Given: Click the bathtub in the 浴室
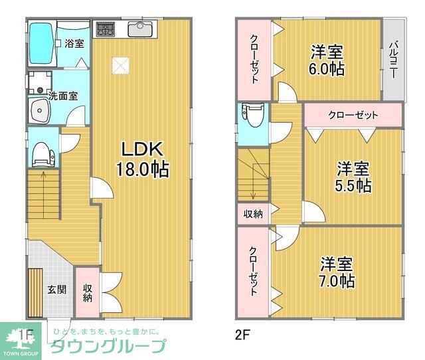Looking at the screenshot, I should coord(41,43).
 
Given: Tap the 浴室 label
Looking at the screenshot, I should coord(74,44).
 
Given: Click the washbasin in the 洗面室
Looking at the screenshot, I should coord(39,111).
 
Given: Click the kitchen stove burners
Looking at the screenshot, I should coord(105,30).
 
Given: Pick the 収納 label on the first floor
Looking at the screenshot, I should coord(87,293).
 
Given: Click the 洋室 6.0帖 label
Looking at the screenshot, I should coord(327,59).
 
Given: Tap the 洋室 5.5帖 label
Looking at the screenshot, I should coord(353,176).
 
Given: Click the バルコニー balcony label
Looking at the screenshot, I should coord(392,60).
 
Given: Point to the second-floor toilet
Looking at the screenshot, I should coord(252,116).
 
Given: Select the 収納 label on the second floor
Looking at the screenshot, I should coord(252,214).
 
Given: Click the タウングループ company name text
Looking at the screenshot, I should coord(109,346).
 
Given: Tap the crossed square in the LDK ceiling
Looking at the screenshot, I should coord(121,65).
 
